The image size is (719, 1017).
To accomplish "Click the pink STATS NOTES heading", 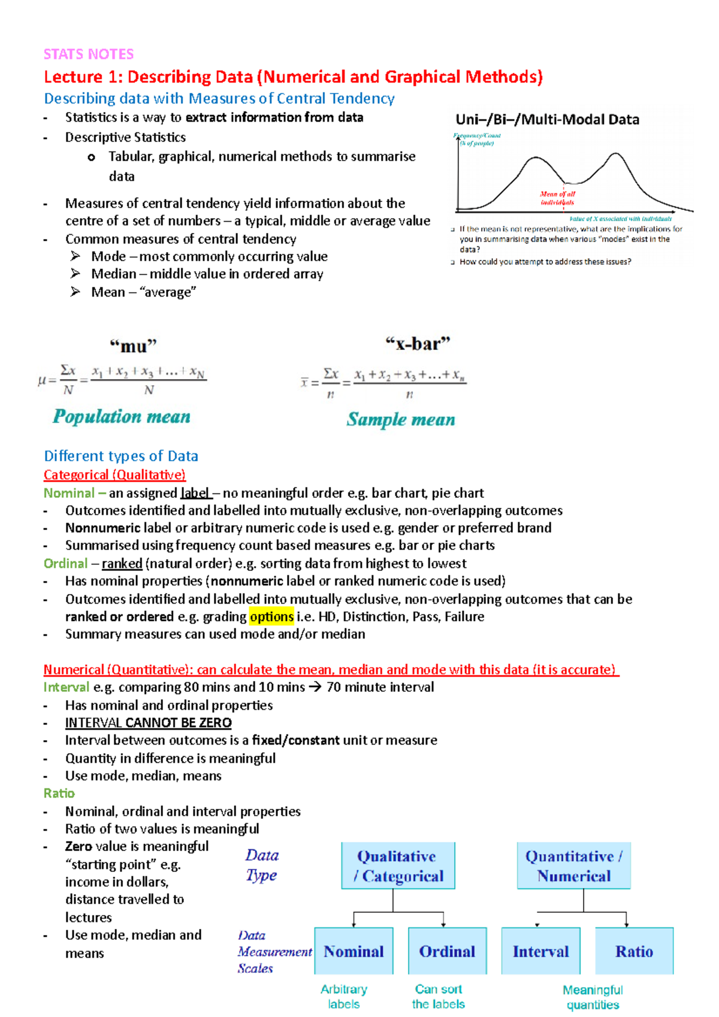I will point(89,55).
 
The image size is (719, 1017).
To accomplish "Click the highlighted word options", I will point(271,617).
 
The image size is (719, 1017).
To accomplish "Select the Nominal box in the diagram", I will point(354,951).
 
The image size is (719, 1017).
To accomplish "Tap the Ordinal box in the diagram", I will point(447,951).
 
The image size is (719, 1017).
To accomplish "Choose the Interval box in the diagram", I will point(540,951).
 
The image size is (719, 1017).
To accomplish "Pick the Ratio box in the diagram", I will point(634,951).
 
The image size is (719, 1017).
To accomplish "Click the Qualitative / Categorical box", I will point(398,866).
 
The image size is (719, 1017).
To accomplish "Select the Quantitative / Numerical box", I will point(573,866).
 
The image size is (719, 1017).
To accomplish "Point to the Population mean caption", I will point(122,417).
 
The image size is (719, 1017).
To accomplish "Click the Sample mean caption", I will point(400,420).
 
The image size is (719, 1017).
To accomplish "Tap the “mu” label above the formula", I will point(132,346).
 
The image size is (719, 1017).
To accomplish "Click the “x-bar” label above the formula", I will point(417,344).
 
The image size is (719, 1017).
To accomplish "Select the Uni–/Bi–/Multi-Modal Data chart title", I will point(547,120).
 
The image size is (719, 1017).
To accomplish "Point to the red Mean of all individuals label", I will point(557,198).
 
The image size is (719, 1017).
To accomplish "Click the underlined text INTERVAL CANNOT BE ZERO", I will point(148,723).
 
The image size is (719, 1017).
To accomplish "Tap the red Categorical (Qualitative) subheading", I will point(114,475).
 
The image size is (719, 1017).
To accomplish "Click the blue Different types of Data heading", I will point(121,456).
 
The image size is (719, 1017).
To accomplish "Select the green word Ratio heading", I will point(59,794).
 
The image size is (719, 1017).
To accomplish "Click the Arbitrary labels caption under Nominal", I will point(344,997).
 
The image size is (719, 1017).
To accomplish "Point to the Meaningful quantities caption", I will point(593,997).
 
